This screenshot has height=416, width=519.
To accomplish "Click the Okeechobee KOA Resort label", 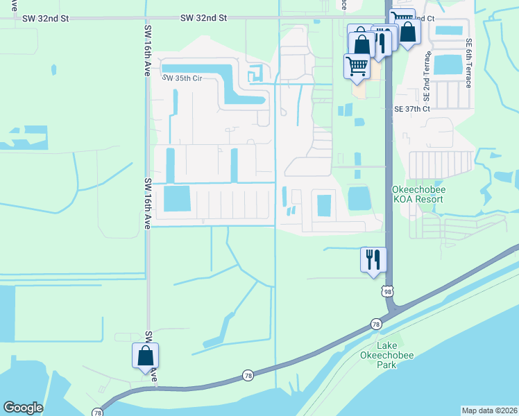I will [x=418, y=193].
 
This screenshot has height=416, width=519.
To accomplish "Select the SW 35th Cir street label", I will [x=182, y=78].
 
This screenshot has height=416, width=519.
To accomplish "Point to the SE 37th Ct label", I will [x=412, y=109].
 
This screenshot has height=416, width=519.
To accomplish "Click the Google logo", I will [x=23, y=408].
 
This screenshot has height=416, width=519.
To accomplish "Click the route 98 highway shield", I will [x=387, y=292].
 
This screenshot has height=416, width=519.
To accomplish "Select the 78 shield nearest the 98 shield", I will [x=376, y=324].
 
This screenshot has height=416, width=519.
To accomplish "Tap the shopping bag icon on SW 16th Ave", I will [x=146, y=356].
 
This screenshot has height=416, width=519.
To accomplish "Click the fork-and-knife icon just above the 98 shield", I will [x=373, y=260].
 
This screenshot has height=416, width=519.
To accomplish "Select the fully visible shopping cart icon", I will [x=357, y=67].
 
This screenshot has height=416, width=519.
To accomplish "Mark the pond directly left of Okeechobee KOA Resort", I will [x=359, y=198].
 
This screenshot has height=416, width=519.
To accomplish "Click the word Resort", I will [x=429, y=198].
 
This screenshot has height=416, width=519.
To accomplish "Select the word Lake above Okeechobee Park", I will [x=388, y=345].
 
